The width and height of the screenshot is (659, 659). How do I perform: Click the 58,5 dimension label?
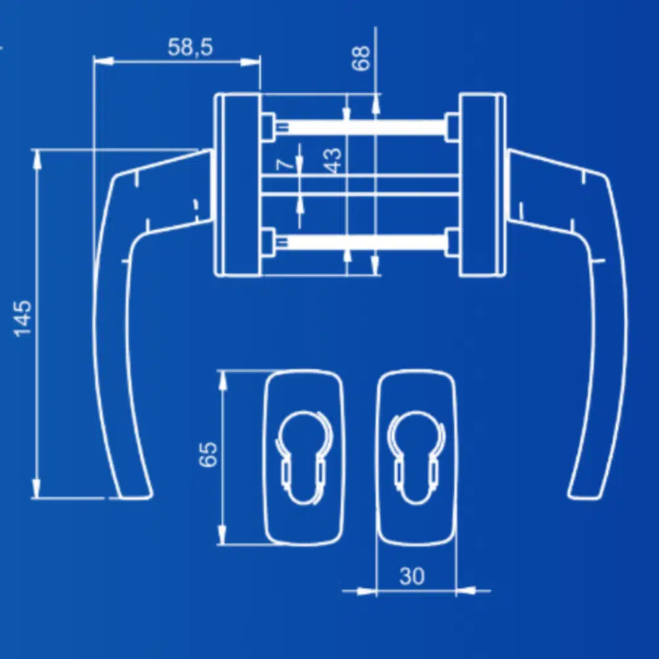coord(190,47)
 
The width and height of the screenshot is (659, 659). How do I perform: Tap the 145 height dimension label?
coord(23,318)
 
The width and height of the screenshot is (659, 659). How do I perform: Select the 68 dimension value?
coord(361,57)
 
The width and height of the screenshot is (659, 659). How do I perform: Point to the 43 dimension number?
coord(333,160)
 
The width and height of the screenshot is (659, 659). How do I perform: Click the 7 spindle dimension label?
coord(286,163)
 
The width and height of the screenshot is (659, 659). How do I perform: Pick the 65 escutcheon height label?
coord(208,454)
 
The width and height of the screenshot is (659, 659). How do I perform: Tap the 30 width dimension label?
coord(412,576)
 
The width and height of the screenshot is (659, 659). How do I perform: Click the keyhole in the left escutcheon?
coord(303,458)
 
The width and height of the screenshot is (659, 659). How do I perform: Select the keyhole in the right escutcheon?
coord(416,458)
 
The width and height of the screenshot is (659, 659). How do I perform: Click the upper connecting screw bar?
coord(360,127)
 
